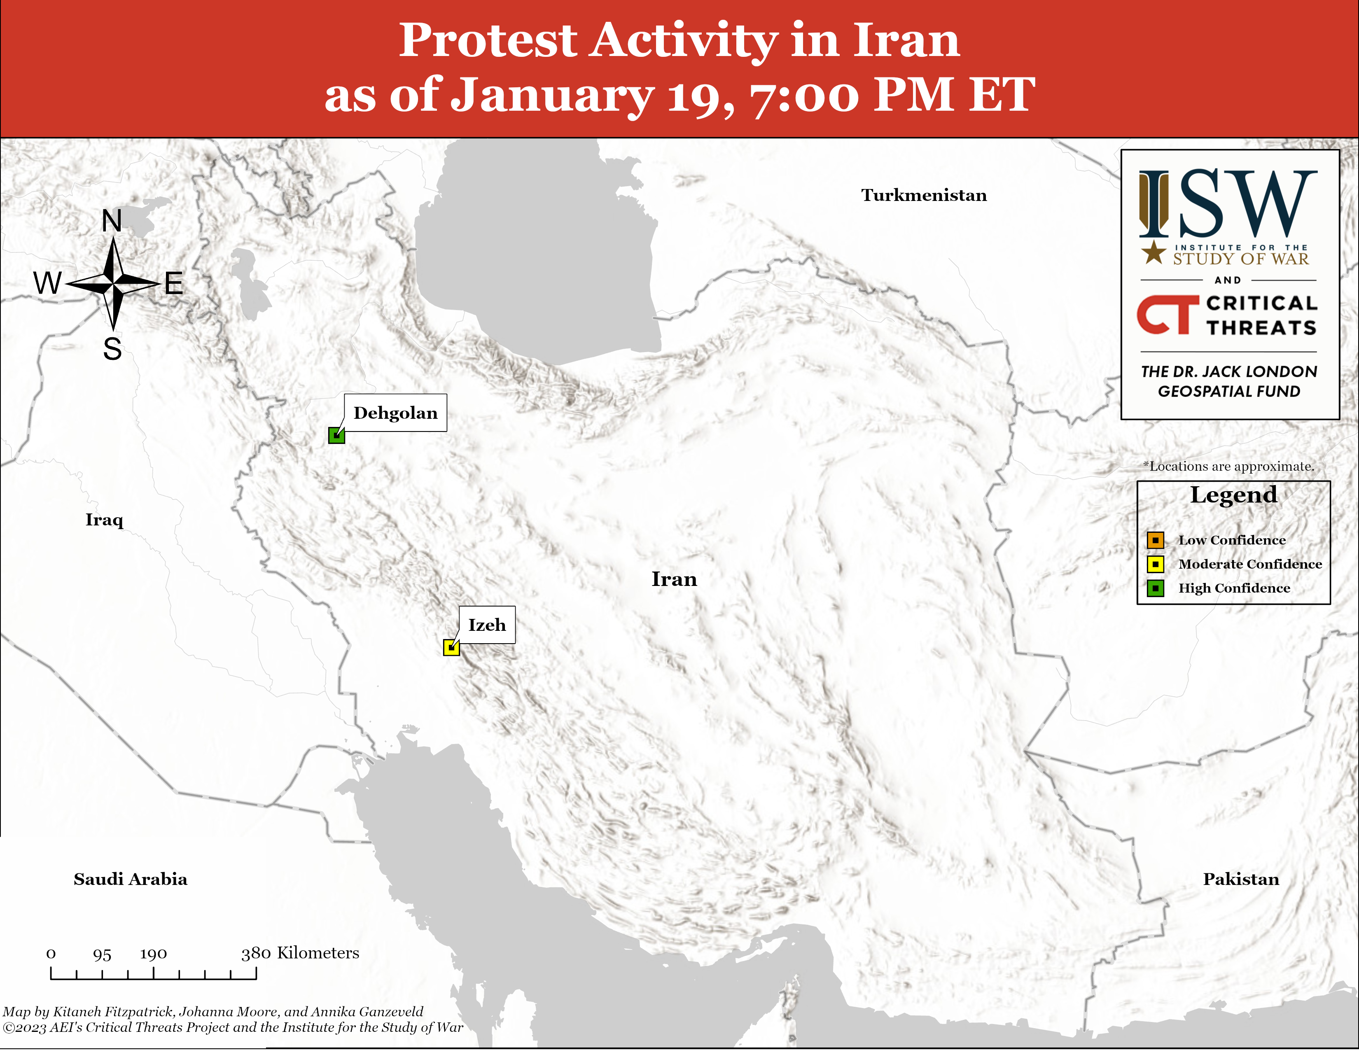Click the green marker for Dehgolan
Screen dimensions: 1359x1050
[336, 435]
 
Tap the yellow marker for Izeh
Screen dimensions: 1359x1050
[451, 648]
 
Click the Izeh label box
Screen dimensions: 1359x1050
[487, 625]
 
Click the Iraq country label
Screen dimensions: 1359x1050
[105, 520]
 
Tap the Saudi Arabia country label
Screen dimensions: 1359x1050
[131, 879]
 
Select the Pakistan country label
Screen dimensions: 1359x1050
[1241, 879]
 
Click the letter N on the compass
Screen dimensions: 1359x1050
[112, 221]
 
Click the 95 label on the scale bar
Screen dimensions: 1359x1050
[102, 954]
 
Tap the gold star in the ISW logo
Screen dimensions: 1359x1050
[1154, 252]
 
